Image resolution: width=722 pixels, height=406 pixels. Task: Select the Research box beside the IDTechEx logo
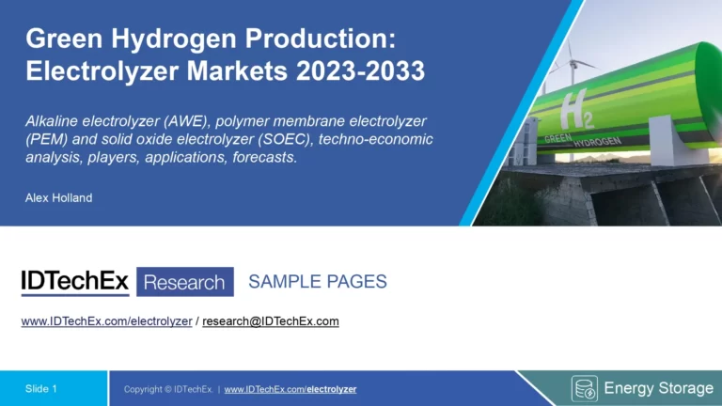tap(185, 282)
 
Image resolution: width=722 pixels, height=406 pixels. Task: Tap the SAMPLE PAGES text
tap(317, 282)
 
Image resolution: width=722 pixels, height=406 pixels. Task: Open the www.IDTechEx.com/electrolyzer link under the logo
tap(106, 321)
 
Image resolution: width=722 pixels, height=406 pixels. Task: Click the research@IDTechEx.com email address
tap(271, 321)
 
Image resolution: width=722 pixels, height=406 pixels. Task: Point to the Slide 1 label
tap(41, 388)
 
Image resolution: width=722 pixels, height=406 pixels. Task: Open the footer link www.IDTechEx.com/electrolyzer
tap(290, 389)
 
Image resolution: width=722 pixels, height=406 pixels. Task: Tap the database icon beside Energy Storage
tap(584, 388)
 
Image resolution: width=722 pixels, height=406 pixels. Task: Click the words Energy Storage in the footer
tap(658, 388)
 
